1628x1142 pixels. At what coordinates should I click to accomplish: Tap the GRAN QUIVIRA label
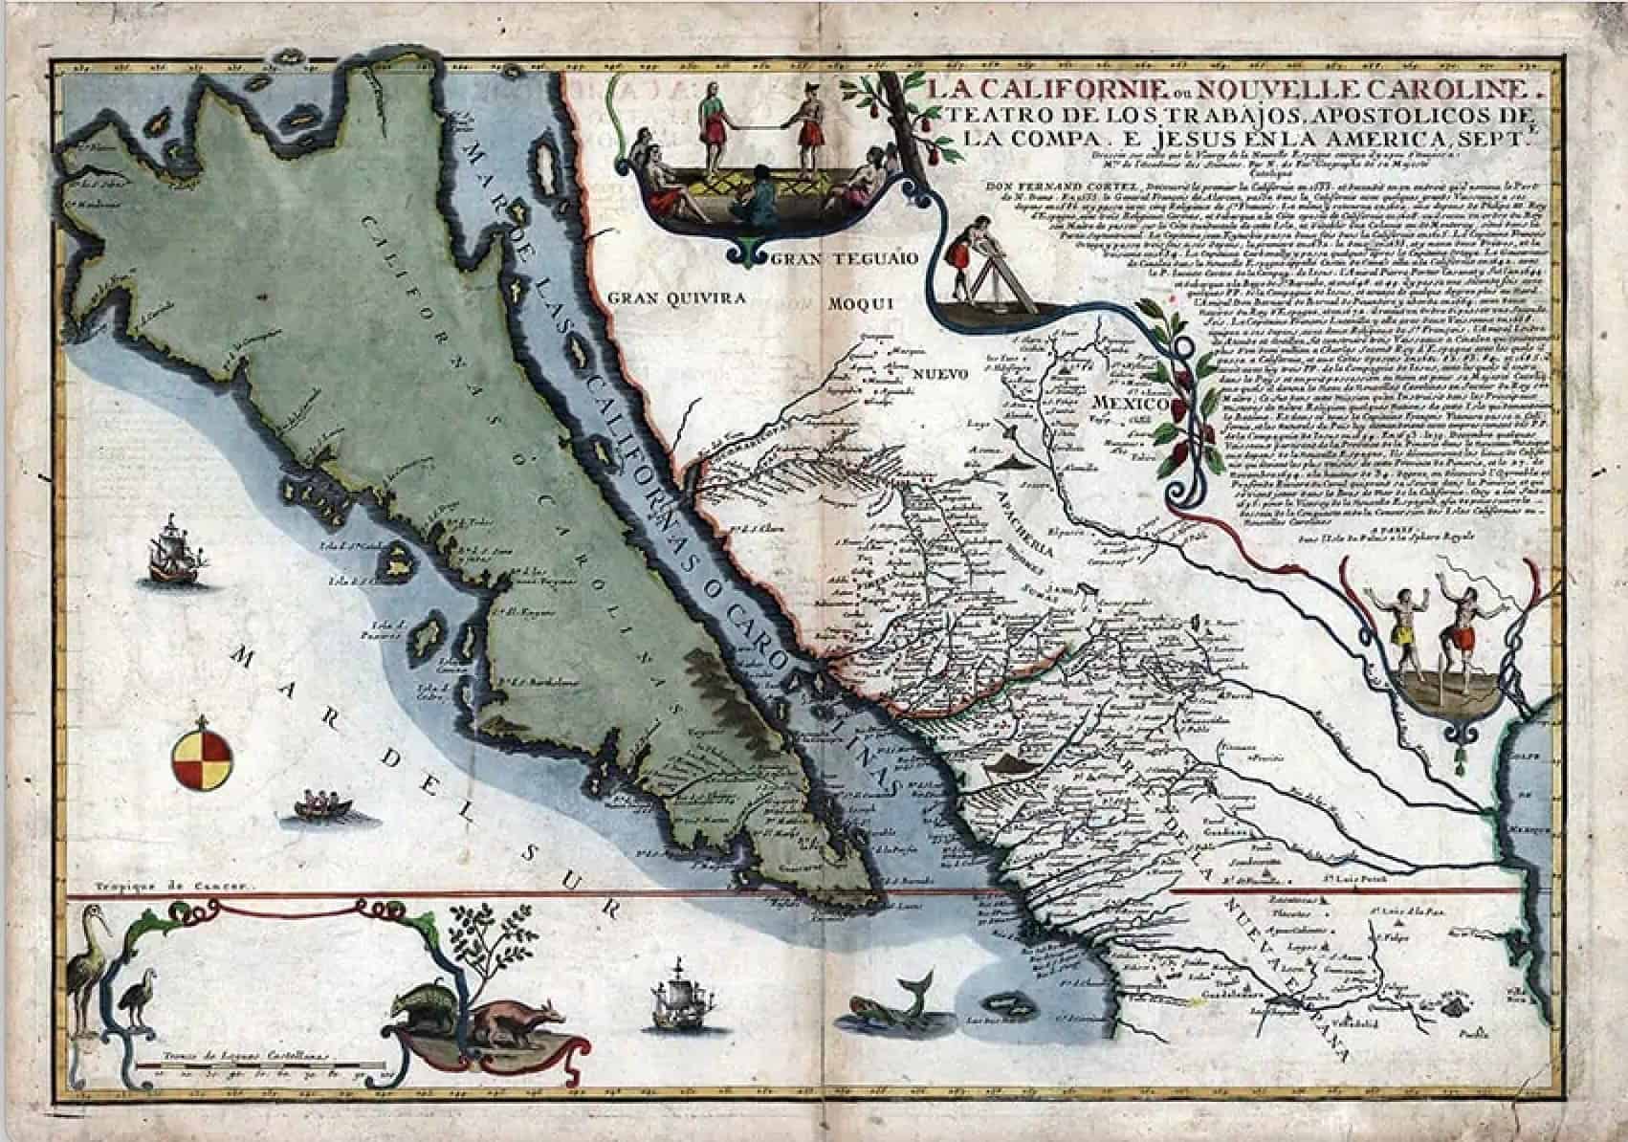coord(676,298)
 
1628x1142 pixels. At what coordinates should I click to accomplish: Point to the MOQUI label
coord(860,304)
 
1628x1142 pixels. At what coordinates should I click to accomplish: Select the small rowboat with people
coord(321,803)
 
